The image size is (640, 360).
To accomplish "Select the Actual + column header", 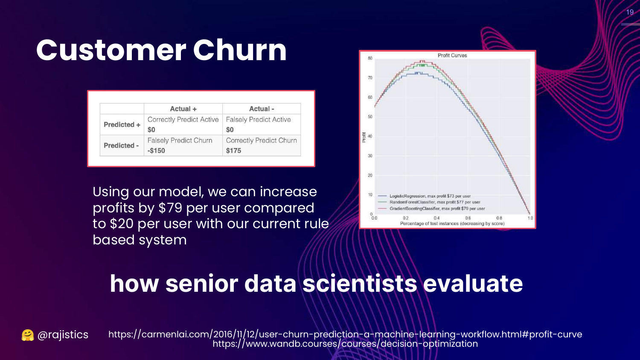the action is pos(183,109).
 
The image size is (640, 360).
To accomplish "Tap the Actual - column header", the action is pos(262,109).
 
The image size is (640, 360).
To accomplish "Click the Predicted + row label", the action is pos(122,125).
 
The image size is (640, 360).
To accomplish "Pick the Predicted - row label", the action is pos(121,145).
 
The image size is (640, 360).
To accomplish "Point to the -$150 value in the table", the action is pos(156,151).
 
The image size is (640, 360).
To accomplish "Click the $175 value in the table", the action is pos(233,151).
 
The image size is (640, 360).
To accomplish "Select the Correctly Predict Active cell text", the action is pos(183,119).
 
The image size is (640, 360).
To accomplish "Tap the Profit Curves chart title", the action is pos(452,55).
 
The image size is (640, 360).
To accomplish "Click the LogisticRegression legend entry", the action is pos(424,196).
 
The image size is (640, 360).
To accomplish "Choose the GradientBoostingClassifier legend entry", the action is pos(431,209).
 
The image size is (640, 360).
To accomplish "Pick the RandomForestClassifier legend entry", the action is pos(429,202).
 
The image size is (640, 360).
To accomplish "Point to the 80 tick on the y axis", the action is pos(370,58).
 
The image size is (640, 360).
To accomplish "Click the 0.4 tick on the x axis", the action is pos(436,218).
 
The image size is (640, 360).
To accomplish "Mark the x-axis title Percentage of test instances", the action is pos(452,224).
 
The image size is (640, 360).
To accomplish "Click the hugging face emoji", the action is pos(28,335).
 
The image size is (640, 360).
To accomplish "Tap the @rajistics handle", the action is pos(63,334).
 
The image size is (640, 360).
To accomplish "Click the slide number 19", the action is pos(630,12).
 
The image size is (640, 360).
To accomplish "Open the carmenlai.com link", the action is pos(345,334).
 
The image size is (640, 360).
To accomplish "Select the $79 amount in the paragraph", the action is pos(170,208).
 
